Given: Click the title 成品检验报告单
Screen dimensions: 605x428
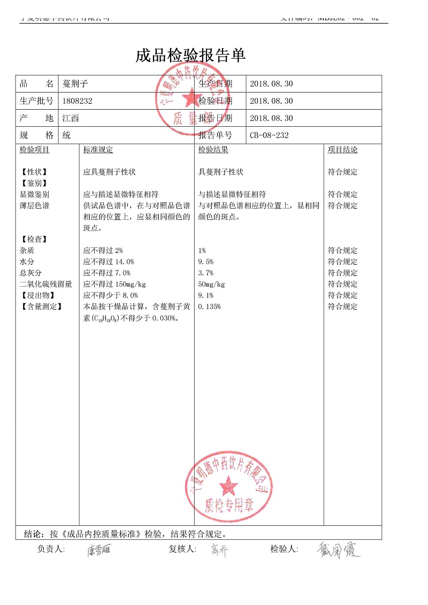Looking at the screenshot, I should [x=190, y=55].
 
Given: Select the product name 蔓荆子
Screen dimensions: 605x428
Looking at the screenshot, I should [x=75, y=84].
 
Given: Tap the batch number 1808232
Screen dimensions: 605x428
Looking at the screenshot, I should [x=78, y=101].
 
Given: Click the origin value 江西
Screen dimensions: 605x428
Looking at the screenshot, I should [x=71, y=118].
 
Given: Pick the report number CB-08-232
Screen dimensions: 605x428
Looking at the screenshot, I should [x=269, y=135].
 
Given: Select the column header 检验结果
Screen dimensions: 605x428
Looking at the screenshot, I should [x=213, y=150].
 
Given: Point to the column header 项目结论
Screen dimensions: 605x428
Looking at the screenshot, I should [x=342, y=150].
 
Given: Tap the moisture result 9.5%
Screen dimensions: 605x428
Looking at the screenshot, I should [x=206, y=262].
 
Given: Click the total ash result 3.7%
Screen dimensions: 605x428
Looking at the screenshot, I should [x=206, y=273].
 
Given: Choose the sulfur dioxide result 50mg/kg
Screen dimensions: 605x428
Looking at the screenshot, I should [x=212, y=285].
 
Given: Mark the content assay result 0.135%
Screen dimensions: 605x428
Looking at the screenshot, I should [x=210, y=307].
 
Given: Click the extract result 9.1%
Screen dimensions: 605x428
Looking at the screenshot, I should [x=206, y=296].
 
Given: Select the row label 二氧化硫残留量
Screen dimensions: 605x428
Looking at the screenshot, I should [x=45, y=285].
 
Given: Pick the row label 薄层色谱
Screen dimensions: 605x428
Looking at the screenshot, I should [x=34, y=206].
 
